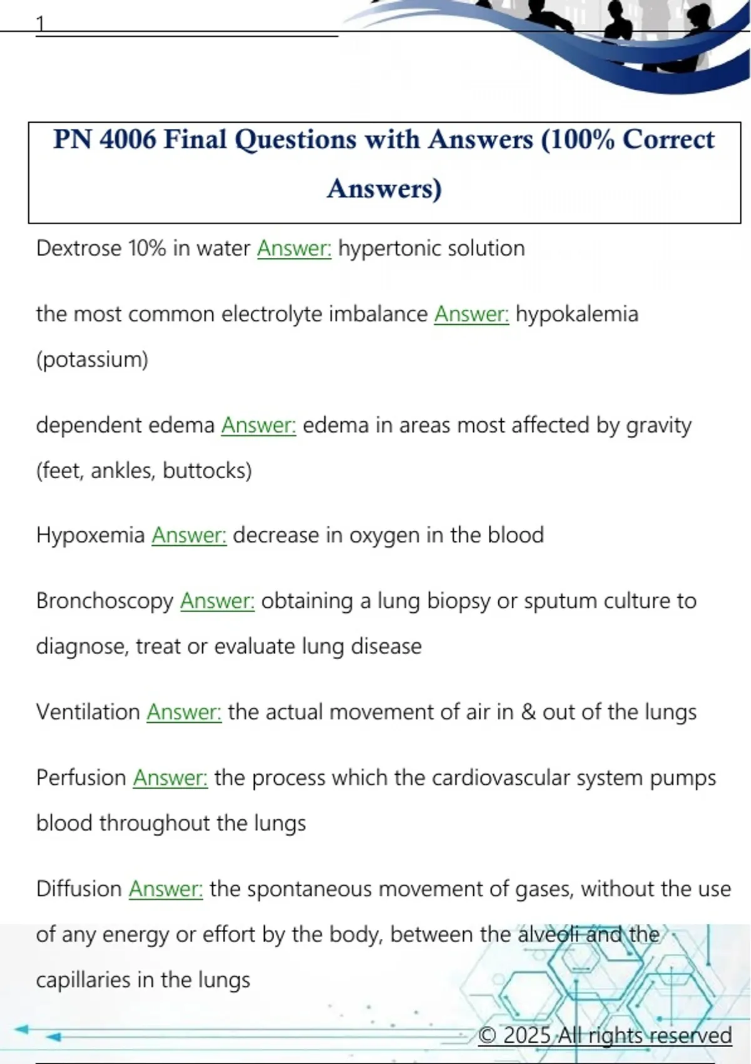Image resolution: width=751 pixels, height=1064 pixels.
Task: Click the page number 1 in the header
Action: click(40, 24)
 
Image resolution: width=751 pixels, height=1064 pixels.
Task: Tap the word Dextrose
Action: click(79, 248)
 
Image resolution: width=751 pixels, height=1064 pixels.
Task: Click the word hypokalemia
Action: click(576, 314)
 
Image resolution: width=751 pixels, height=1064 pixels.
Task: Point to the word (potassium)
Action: click(92, 359)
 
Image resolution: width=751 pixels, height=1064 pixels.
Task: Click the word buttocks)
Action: click(207, 470)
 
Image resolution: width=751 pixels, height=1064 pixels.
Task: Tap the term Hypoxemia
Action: click(90, 535)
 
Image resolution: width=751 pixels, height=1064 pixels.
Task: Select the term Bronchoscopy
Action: click(105, 601)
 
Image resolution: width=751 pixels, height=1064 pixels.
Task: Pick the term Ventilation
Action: click(88, 712)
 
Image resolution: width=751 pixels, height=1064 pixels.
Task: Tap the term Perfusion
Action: click(81, 777)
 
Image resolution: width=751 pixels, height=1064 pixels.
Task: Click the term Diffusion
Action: click(79, 889)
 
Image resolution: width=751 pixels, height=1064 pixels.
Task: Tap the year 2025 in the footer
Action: click(527, 1035)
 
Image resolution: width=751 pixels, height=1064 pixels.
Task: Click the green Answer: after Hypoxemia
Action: click(189, 535)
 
